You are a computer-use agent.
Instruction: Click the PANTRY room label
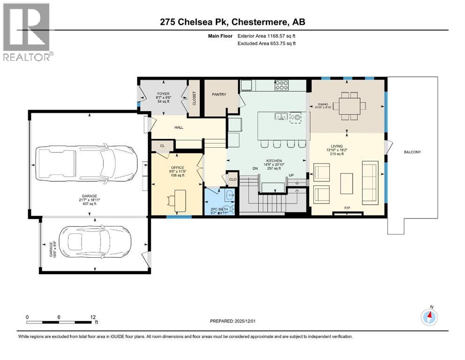click(x=219, y=95)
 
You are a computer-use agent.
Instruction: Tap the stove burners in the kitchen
click(x=281, y=85)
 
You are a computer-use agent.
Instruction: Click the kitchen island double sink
click(x=281, y=116)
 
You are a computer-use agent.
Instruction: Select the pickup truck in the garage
click(x=86, y=165)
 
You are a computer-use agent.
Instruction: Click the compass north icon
click(x=429, y=317)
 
